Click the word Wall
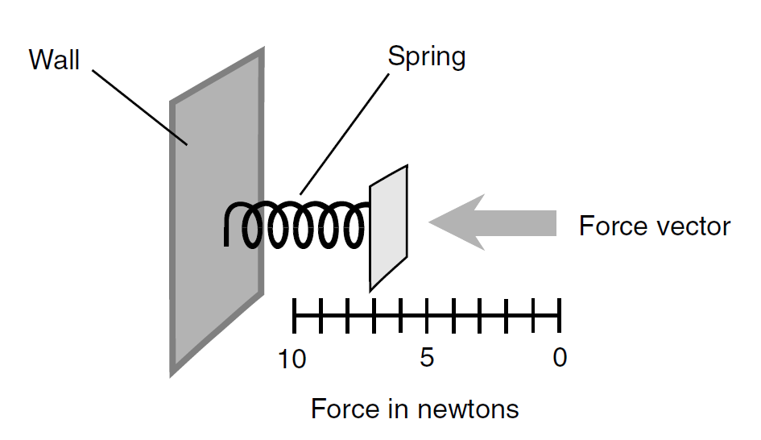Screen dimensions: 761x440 (54, 60)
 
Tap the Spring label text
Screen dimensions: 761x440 (427, 57)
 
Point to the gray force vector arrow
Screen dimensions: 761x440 (492, 222)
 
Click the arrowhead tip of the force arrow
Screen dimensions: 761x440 (429, 222)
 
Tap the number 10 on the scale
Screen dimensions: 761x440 (292, 359)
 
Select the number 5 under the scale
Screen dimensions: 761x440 (427, 358)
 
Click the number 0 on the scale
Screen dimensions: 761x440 (560, 358)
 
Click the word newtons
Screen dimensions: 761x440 (468, 409)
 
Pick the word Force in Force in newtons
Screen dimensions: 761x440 (344, 409)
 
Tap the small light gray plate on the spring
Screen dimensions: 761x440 (389, 228)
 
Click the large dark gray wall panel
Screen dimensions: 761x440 (217, 212)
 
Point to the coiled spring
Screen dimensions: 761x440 (296, 224)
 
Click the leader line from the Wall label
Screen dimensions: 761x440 (140, 108)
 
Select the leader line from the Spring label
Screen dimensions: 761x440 (345, 134)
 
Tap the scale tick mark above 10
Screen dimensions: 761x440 (294, 316)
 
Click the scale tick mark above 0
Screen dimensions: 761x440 (560, 316)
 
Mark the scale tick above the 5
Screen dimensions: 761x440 (427, 316)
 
